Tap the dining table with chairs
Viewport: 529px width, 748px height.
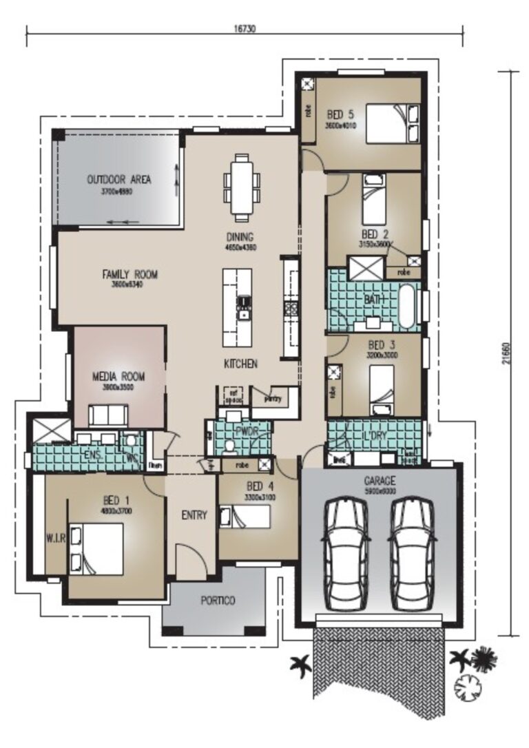click(x=242, y=187)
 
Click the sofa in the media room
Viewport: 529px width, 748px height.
click(x=107, y=415)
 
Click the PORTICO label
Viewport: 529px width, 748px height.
click(x=218, y=601)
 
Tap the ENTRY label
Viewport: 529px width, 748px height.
click(x=194, y=515)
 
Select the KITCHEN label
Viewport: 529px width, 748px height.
click(x=240, y=363)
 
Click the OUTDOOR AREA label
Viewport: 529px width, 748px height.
click(x=118, y=180)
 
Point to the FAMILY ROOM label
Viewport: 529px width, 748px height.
click(x=130, y=274)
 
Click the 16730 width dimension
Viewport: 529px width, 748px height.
click(x=244, y=30)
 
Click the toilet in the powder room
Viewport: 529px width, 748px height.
click(x=230, y=446)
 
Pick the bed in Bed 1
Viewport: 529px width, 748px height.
click(x=97, y=549)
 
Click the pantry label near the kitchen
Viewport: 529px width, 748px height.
click(x=273, y=399)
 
